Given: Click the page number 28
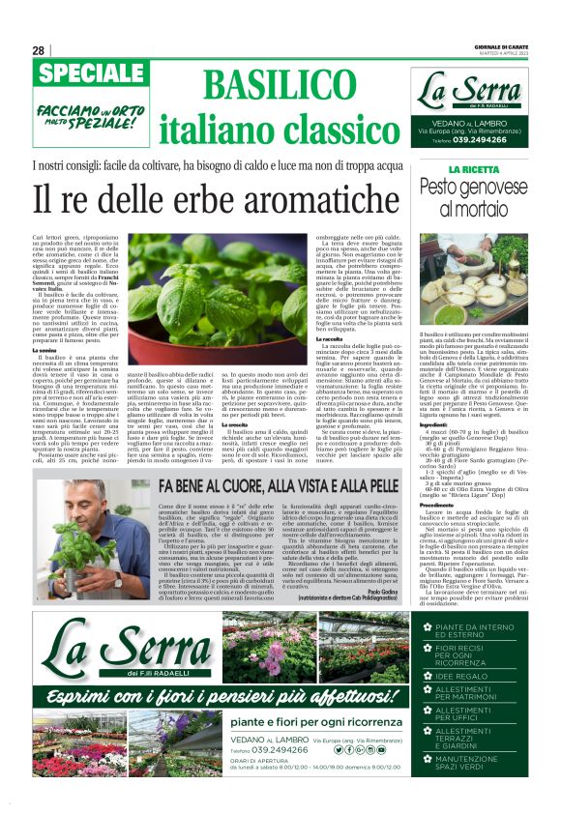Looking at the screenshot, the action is point(38,50).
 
